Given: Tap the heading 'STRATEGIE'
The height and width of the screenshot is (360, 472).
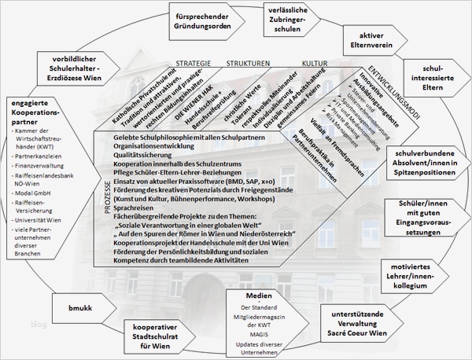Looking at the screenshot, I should tap(193, 63).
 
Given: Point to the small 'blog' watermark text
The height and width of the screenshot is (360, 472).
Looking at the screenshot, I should tap(17, 323).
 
